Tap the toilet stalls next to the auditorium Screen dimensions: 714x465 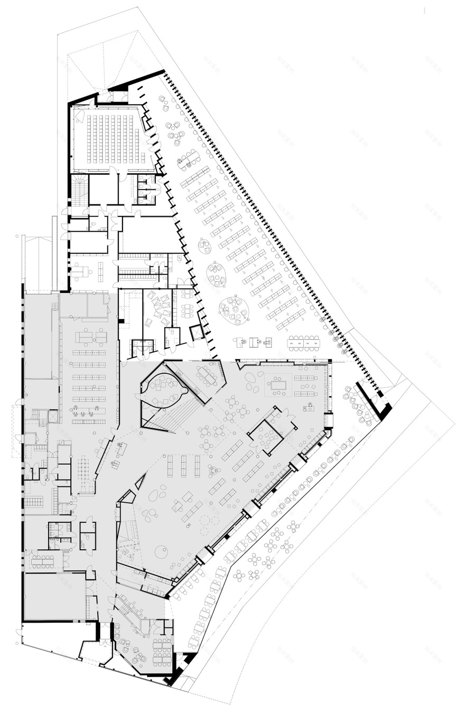coord(146,187)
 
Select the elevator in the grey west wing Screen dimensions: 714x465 coord(53,416)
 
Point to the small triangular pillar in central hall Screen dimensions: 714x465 coord(141,482)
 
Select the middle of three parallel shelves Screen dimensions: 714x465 coord(183,466)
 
